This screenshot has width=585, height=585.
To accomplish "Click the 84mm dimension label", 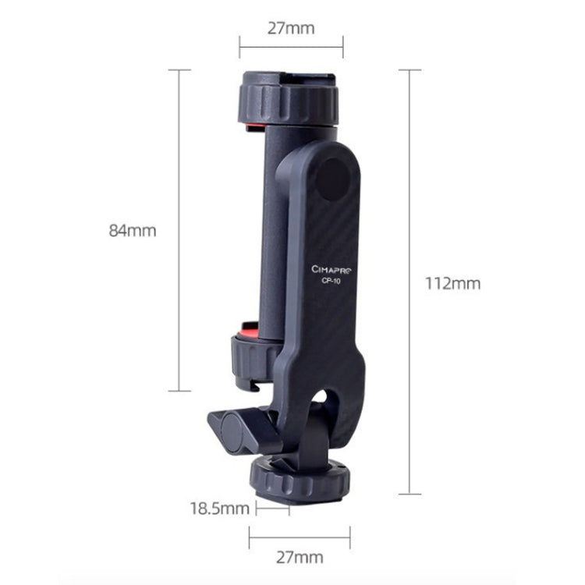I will pos(133,231).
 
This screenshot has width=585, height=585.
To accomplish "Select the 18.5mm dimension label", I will pos(219,509).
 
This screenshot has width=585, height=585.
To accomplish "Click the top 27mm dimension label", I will pos(291,29).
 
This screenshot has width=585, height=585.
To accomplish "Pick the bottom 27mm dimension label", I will pos(300,557).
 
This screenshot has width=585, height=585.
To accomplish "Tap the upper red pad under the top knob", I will pos(253,126).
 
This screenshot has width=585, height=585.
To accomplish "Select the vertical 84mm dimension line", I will pos(180,230).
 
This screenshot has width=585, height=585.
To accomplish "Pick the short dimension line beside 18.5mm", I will pos(272,509).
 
